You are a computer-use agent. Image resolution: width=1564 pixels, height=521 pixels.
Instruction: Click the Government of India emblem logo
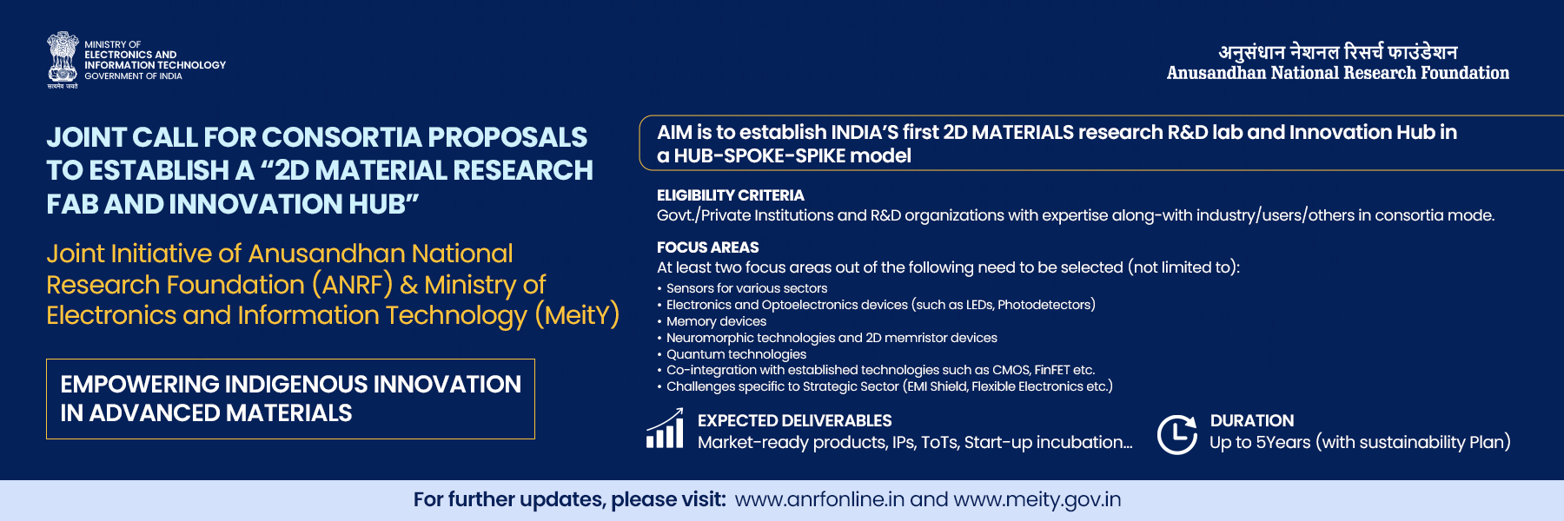[x=63, y=60]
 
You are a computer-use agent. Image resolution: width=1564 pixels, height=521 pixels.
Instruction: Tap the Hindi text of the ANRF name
[x=1337, y=52]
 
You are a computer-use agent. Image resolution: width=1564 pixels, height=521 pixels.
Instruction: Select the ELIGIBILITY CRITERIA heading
[x=730, y=195]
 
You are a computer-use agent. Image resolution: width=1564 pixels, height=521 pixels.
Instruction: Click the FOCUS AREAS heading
[x=707, y=247]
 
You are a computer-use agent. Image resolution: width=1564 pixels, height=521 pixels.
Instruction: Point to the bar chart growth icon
[x=665, y=428]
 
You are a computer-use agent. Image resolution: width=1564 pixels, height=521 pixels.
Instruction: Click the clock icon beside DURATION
[x=1177, y=434]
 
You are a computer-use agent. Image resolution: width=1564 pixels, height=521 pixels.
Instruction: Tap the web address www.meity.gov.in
[x=1037, y=499]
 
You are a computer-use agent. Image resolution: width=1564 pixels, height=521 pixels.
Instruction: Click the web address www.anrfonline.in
[x=819, y=499]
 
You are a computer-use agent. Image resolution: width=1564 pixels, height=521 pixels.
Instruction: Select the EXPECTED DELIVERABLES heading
[x=794, y=420]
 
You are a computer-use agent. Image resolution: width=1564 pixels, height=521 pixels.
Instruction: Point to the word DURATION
[x=1252, y=420]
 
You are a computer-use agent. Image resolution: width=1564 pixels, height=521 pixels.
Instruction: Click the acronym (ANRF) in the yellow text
[x=352, y=284]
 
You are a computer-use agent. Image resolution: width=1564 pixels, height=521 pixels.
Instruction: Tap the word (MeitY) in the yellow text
[x=577, y=314]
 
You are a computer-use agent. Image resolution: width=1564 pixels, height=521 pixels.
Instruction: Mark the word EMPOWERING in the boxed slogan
[x=140, y=384]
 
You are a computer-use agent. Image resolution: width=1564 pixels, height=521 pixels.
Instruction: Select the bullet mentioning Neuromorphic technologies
[x=832, y=338]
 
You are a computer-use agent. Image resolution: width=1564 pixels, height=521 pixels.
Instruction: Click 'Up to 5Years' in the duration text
[x=1260, y=442]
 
